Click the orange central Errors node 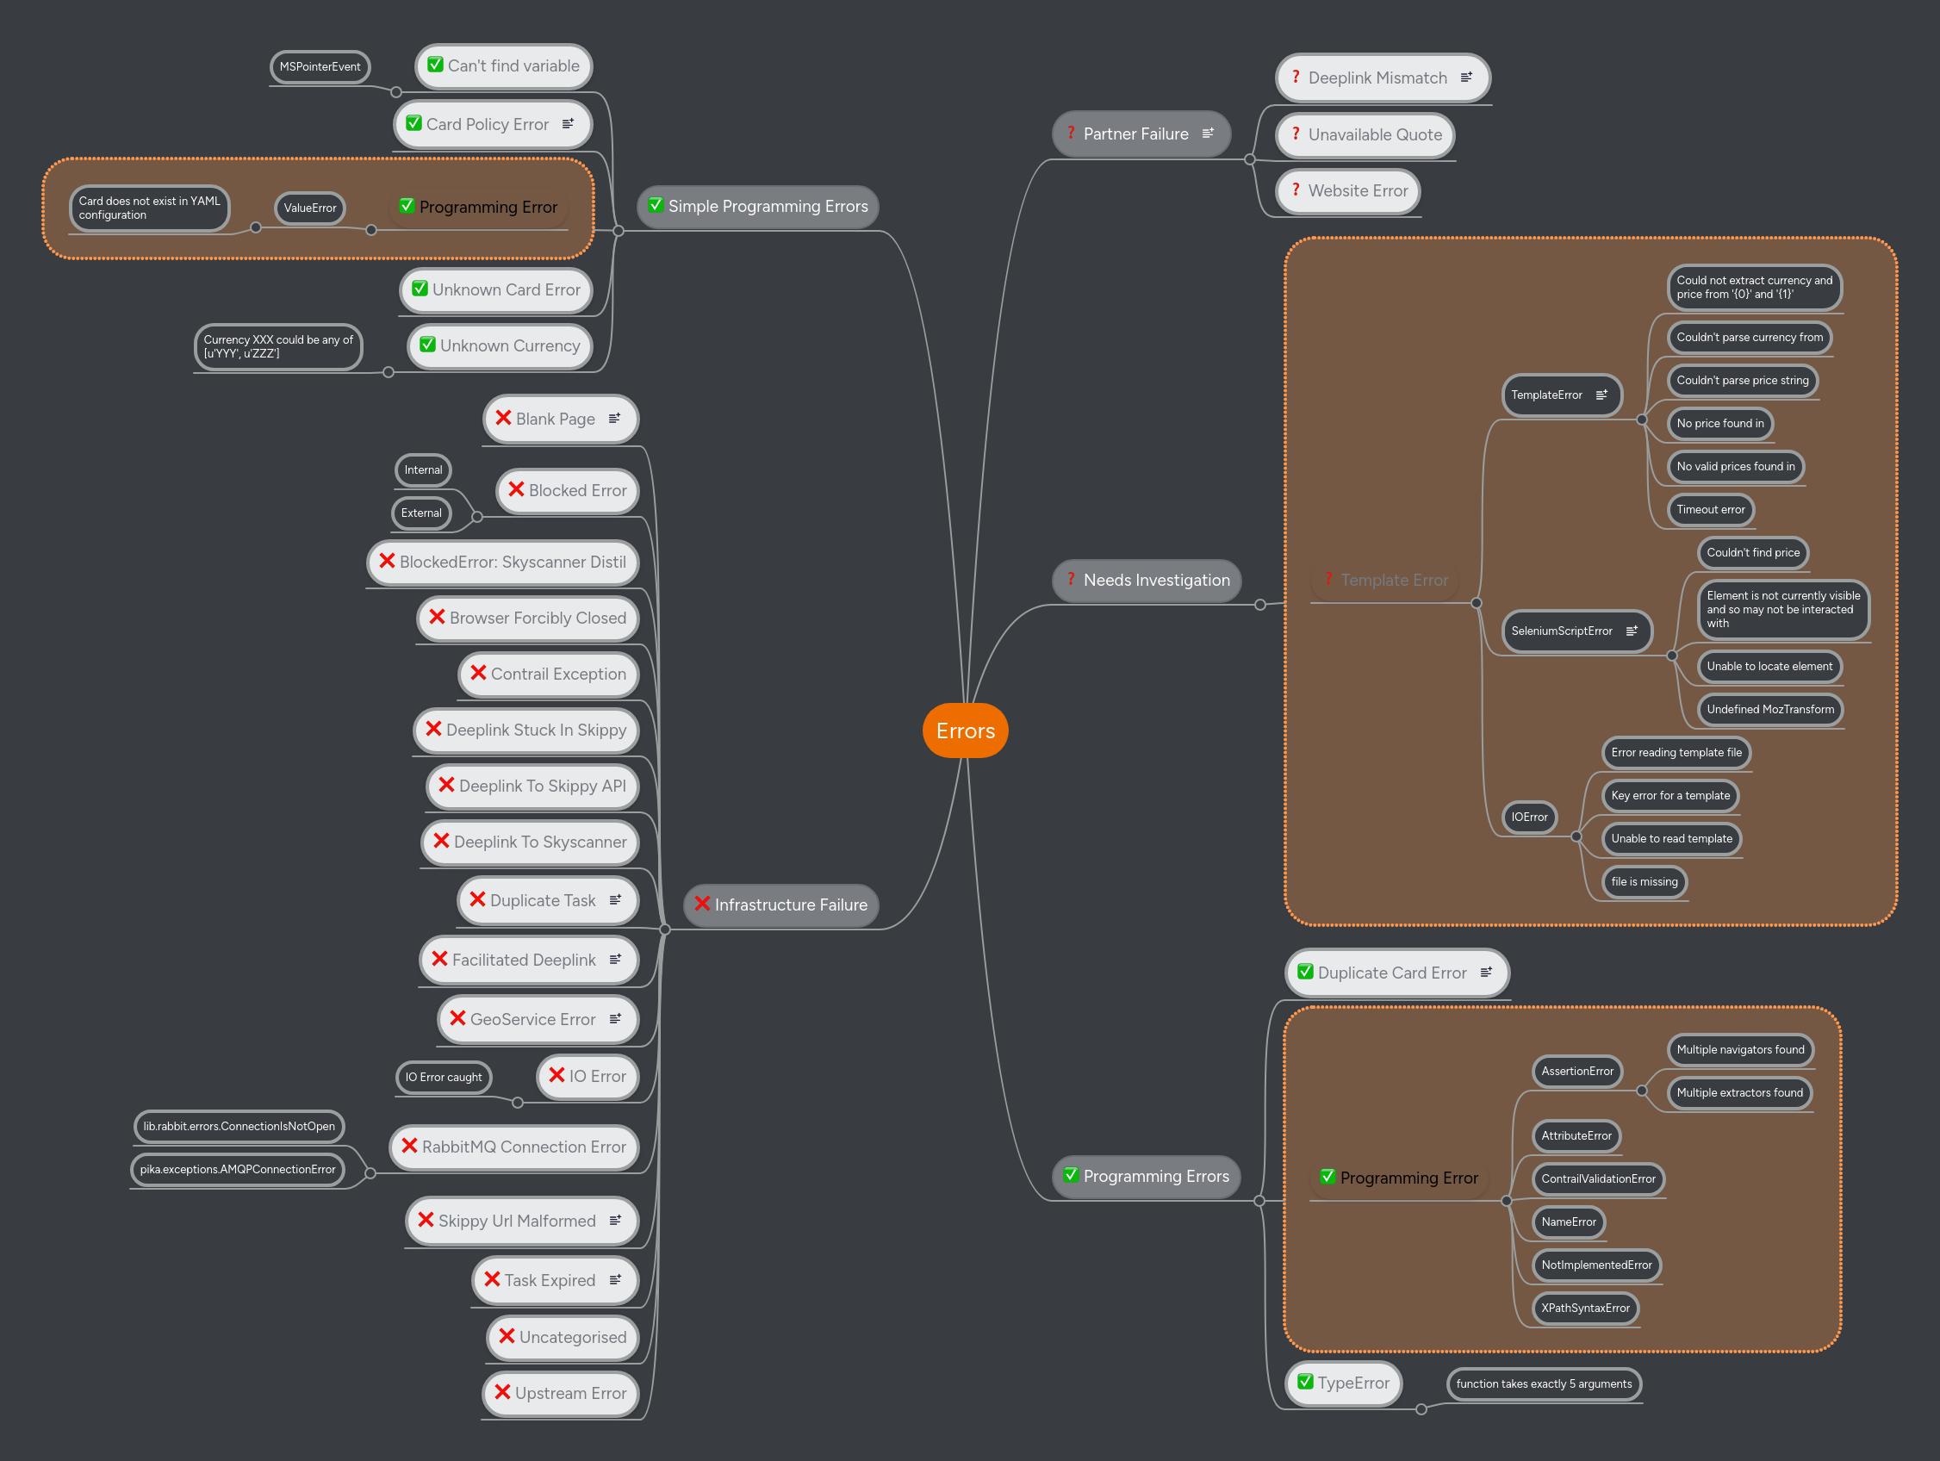pos(965,730)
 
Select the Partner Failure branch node pos(1135,134)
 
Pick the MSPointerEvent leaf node pos(320,67)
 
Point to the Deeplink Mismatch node pos(1377,78)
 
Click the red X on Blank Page pos(503,419)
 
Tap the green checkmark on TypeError pos(1305,1382)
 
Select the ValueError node pos(309,208)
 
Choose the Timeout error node pos(1710,509)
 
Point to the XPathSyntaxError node pos(1585,1309)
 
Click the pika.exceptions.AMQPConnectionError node pos(238,1170)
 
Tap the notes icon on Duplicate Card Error pos(1486,973)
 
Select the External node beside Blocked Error pos(421,513)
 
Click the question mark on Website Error pos(1296,190)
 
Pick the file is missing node pos(1644,882)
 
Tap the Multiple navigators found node pos(1740,1050)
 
